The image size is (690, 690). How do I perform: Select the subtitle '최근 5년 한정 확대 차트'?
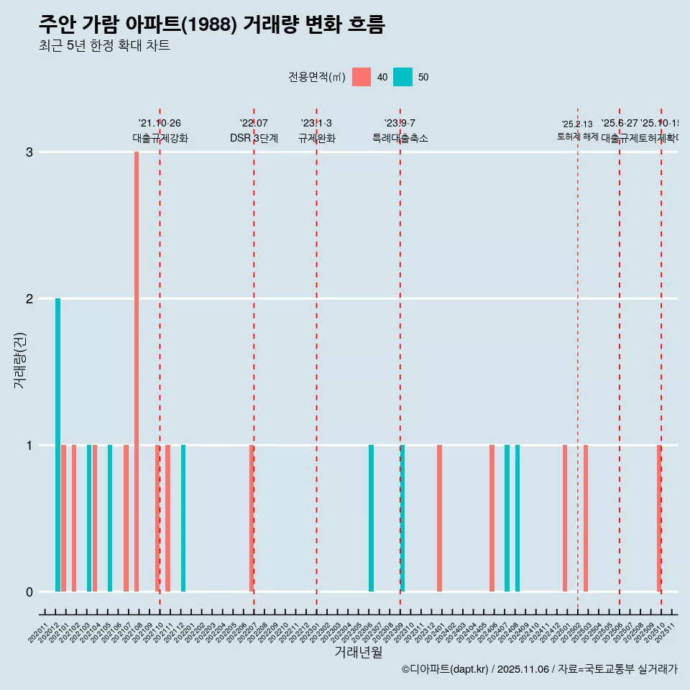click(104, 47)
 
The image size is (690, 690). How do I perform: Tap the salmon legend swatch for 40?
click(362, 77)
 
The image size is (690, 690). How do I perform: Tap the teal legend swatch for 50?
click(403, 77)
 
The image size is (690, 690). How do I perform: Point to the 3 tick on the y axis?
click(29, 152)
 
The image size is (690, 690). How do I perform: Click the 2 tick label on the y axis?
click(29, 299)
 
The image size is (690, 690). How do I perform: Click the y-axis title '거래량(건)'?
click(19, 359)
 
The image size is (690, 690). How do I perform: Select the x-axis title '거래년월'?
click(358, 652)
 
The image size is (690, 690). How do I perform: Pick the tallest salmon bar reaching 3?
click(137, 372)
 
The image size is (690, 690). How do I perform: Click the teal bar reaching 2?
click(57, 445)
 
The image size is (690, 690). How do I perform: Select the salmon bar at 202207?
click(252, 518)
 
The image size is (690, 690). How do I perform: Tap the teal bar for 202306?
click(371, 518)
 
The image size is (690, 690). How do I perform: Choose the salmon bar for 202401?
click(439, 518)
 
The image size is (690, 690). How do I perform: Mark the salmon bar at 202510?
click(658, 518)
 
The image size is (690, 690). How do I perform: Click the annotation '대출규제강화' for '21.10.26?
click(160, 139)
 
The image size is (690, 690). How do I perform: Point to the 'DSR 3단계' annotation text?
click(254, 139)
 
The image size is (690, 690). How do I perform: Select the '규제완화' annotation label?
click(316, 139)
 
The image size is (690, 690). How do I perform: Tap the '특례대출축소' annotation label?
click(400, 139)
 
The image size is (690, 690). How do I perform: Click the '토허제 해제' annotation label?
click(577, 137)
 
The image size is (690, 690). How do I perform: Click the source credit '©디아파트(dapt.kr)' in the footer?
click(446, 669)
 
